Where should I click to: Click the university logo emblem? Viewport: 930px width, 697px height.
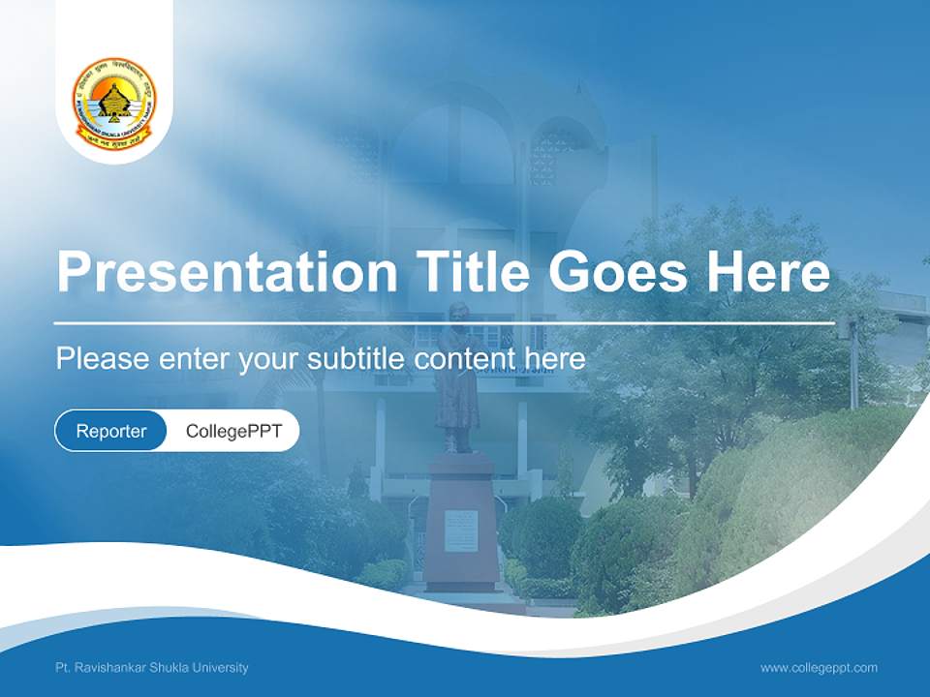(114, 105)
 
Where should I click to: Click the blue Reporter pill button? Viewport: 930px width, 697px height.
(111, 431)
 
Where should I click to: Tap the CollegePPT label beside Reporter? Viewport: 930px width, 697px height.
(233, 431)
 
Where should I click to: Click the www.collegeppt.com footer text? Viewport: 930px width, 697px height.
(819, 667)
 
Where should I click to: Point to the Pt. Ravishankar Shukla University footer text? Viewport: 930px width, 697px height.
(152, 667)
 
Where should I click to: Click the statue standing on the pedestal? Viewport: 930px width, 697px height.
(456, 378)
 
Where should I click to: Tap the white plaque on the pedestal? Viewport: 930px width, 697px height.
(461, 530)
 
